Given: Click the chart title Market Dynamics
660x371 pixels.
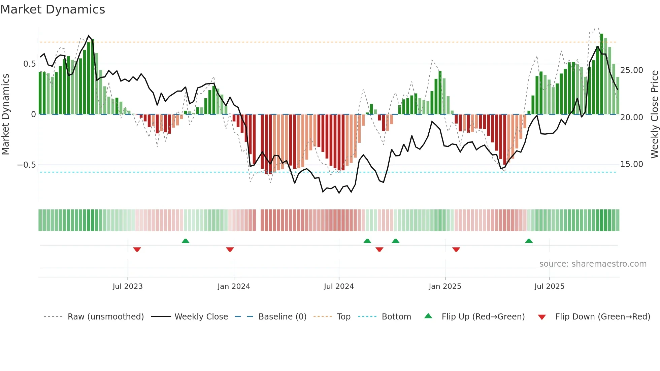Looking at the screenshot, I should (x=53, y=9).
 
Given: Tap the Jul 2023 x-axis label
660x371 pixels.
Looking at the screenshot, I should (x=128, y=286).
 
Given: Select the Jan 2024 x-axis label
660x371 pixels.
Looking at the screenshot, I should (x=234, y=286).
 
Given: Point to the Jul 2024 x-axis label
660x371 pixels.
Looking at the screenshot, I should (x=339, y=286).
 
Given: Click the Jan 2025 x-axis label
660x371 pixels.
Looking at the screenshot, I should (x=445, y=286).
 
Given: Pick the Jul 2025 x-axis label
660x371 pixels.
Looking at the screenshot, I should (x=549, y=286).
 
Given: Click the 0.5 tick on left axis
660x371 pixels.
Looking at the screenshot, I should (x=29, y=64).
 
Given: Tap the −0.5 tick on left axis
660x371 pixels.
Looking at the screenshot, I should (x=26, y=165).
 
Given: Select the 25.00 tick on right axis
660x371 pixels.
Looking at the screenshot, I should (x=632, y=70).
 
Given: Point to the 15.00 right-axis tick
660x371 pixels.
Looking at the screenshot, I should (x=632, y=164).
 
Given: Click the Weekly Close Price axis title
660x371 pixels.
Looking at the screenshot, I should (x=654, y=114).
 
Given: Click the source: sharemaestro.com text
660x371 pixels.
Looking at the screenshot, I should (x=593, y=264).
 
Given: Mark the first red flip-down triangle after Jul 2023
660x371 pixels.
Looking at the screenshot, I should (x=137, y=249).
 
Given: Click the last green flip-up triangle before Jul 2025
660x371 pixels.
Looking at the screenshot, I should (x=529, y=241).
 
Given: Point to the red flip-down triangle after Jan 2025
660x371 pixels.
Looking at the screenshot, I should (x=456, y=249).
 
